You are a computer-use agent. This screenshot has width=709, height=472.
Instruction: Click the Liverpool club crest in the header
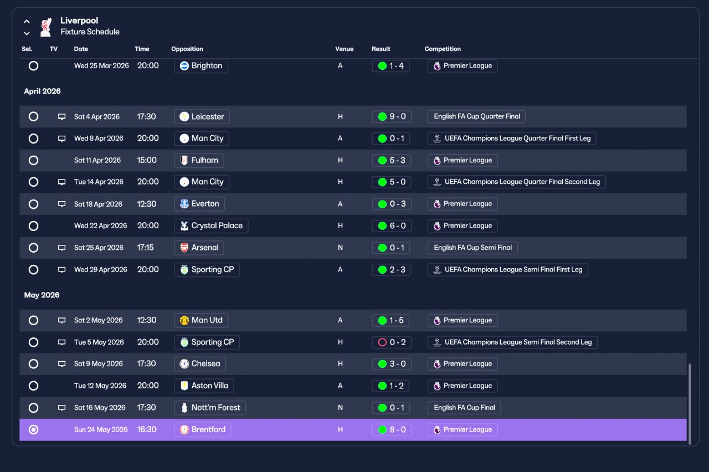[x=46, y=27]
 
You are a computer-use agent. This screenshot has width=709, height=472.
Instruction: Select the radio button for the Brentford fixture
[x=33, y=429]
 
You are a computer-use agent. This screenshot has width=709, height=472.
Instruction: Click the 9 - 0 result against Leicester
[x=392, y=116]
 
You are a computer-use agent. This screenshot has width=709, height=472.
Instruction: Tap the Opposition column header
[x=187, y=49]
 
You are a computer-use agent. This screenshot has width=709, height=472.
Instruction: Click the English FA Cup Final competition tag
[x=464, y=408]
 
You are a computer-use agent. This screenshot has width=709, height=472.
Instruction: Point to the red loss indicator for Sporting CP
[x=382, y=342]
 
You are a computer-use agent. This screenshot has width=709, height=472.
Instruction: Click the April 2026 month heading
[x=43, y=91]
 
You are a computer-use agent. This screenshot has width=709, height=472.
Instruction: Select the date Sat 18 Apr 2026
[x=98, y=204]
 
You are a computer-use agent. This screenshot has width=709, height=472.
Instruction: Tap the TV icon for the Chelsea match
[x=61, y=364]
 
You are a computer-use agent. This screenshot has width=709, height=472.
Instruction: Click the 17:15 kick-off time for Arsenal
[x=145, y=248]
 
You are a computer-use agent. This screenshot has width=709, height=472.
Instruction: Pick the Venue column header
[x=345, y=49]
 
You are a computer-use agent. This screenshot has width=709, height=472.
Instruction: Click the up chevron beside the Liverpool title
[x=27, y=22]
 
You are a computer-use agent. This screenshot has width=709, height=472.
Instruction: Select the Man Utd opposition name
[x=207, y=320]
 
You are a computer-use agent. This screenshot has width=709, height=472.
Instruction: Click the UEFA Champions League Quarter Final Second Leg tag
[x=517, y=182]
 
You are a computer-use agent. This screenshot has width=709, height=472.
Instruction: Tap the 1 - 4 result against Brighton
[x=391, y=66]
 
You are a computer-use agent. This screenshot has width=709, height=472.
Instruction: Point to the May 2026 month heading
[x=42, y=295]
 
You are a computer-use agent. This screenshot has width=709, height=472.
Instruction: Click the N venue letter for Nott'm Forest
[x=340, y=408]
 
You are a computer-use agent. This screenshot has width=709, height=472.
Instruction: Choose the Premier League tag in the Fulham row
[x=463, y=161]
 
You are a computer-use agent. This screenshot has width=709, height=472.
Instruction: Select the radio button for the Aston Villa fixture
[x=33, y=386]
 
